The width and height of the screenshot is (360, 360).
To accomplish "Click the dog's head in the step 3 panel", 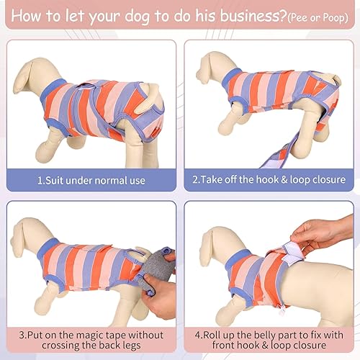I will (x=27, y=234).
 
